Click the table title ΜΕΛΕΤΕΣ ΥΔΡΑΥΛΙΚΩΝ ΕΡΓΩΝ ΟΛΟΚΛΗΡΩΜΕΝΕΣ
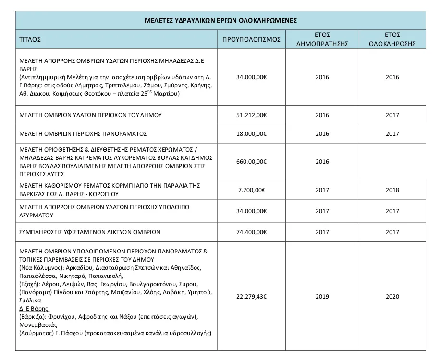pyautogui.click(x=220, y=21)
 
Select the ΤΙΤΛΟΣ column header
pyautogui.click(x=30, y=40)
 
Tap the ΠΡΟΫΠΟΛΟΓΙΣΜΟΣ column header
pyautogui.click(x=252, y=40)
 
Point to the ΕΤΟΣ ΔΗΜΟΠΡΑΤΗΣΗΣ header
pyautogui.click(x=322, y=40)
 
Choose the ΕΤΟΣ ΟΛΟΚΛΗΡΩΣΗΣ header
pyautogui.click(x=392, y=40)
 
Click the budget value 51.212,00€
pyautogui.click(x=252, y=115)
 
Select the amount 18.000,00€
pyautogui.click(x=252, y=133)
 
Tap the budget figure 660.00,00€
pyautogui.click(x=252, y=162)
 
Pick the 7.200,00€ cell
pyautogui.click(x=252, y=190)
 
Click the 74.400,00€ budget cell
pyautogui.click(x=252, y=232)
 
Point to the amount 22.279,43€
pyautogui.click(x=252, y=297)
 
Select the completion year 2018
pyautogui.click(x=392, y=190)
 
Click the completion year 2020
pyautogui.click(x=392, y=297)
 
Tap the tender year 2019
pyautogui.click(x=322, y=297)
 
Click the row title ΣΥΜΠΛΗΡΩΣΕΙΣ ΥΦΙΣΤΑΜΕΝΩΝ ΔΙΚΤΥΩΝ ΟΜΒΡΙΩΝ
pyautogui.click(x=90, y=232)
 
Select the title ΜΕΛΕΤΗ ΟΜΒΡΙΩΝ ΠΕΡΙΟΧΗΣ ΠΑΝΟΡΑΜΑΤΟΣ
pyautogui.click(x=83, y=133)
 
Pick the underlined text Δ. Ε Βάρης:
pyautogui.click(x=35, y=308)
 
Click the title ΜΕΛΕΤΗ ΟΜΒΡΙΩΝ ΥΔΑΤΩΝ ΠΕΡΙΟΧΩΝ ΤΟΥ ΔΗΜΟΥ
pyautogui.click(x=90, y=115)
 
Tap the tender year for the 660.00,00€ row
pyautogui.click(x=322, y=162)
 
